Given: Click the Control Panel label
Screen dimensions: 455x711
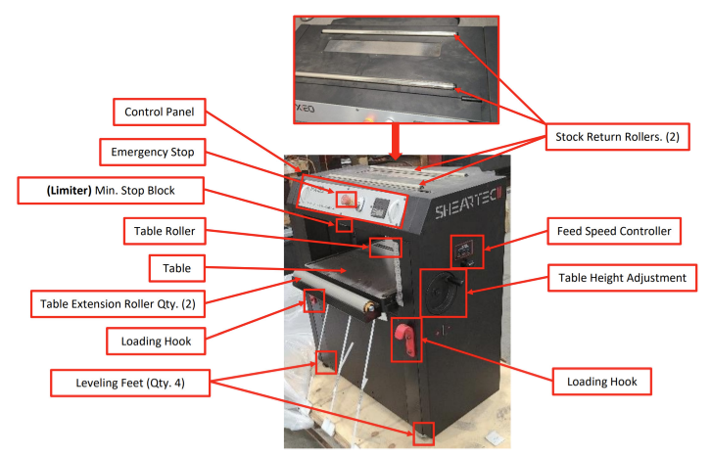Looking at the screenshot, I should pos(160,113).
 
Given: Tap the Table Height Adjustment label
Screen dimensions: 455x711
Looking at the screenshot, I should pos(617,278).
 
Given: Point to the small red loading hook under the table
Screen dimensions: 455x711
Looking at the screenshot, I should pos(312,301).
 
